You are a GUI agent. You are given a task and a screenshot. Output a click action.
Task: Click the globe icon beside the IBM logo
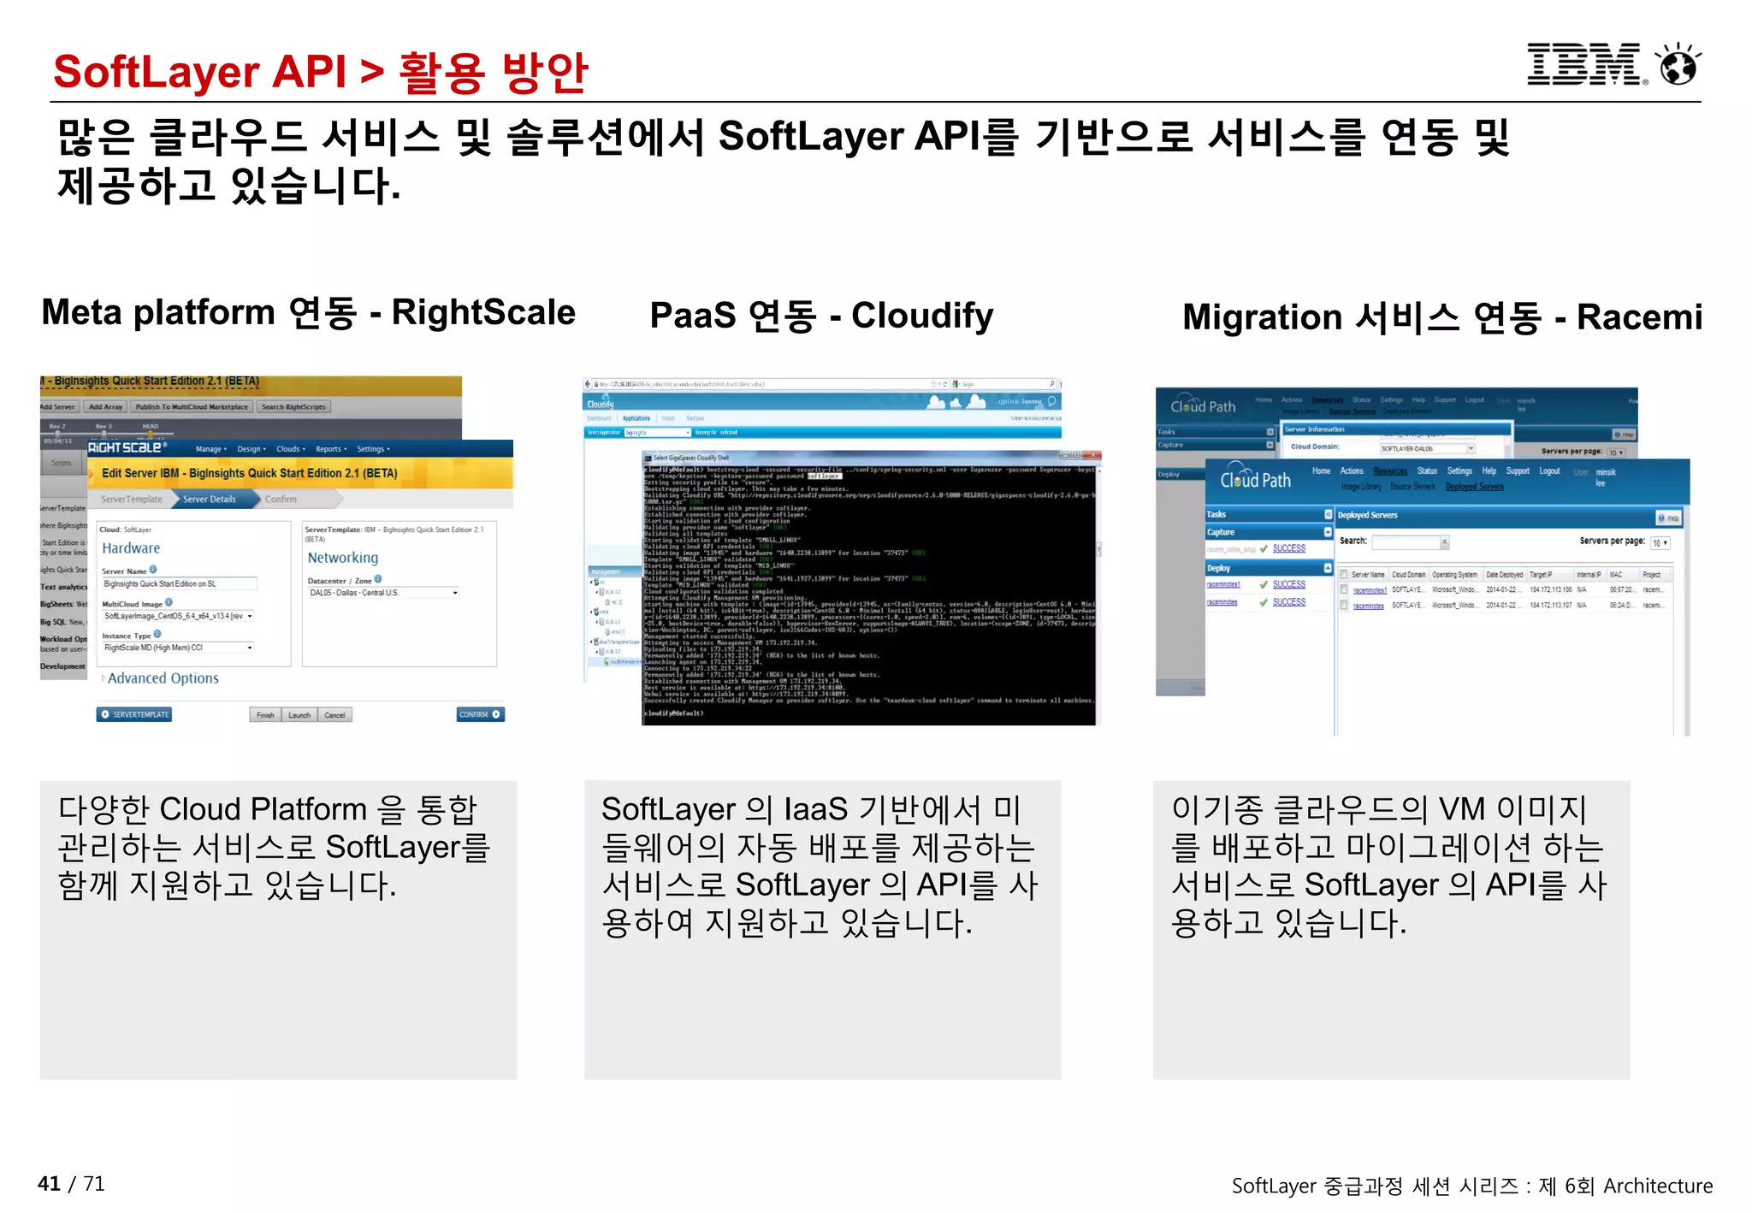(x=1678, y=66)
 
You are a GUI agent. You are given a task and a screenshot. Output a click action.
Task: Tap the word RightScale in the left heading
(x=483, y=313)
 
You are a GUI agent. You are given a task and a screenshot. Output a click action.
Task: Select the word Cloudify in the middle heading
(x=922, y=316)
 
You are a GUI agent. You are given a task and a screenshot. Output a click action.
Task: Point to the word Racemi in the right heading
(x=1639, y=317)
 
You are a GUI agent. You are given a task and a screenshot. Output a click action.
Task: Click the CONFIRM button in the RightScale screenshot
(x=480, y=714)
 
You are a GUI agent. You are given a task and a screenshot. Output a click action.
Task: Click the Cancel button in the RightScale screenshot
(x=334, y=715)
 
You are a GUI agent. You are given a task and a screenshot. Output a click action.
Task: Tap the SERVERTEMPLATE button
(x=134, y=714)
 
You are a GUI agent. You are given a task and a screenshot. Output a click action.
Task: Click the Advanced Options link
(x=163, y=678)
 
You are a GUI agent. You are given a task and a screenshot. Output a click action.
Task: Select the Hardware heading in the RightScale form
(x=131, y=548)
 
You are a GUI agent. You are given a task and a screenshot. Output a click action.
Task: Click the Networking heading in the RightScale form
(x=342, y=558)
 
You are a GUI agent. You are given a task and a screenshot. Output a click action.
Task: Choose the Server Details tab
(x=210, y=499)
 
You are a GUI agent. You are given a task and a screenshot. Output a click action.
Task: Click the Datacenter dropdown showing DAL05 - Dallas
(x=383, y=593)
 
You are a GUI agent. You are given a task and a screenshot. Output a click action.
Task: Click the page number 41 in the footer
(x=49, y=1183)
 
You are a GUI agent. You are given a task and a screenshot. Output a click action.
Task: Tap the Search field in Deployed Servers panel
(x=1408, y=541)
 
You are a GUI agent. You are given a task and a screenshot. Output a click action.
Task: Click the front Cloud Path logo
(x=1255, y=479)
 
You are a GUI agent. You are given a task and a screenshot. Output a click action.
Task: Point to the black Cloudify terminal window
(x=868, y=590)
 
